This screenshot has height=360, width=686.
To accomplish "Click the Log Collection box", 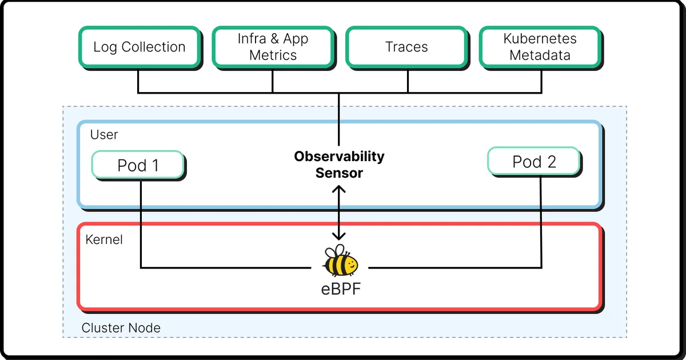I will point(139,47).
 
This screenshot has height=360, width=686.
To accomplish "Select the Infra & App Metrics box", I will point(273,47).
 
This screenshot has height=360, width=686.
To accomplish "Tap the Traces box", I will point(406,47).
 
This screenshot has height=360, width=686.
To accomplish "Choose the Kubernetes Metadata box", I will point(540,47).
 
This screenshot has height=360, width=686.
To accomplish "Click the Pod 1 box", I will point(138,166).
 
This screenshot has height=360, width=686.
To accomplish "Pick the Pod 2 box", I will point(533,162).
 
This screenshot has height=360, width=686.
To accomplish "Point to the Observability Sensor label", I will point(339,165).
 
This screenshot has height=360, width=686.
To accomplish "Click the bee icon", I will point(340,261).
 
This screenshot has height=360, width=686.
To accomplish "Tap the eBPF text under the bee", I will point(340,288).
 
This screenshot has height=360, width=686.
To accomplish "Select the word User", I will point(104,135).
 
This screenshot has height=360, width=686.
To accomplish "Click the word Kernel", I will point(104,239).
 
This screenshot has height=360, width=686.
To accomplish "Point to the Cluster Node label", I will point(121,328).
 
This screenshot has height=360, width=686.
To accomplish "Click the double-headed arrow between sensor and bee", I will point(339,213).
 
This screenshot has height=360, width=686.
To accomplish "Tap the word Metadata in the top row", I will point(540,55).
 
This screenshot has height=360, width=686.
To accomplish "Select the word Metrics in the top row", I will point(273,55).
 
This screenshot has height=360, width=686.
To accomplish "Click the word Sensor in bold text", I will point(339,173).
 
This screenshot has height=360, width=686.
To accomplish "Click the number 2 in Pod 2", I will point(551,162).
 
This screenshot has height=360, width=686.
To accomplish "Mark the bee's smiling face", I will point(350,265).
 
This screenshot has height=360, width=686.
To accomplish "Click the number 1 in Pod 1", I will point(154,166).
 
